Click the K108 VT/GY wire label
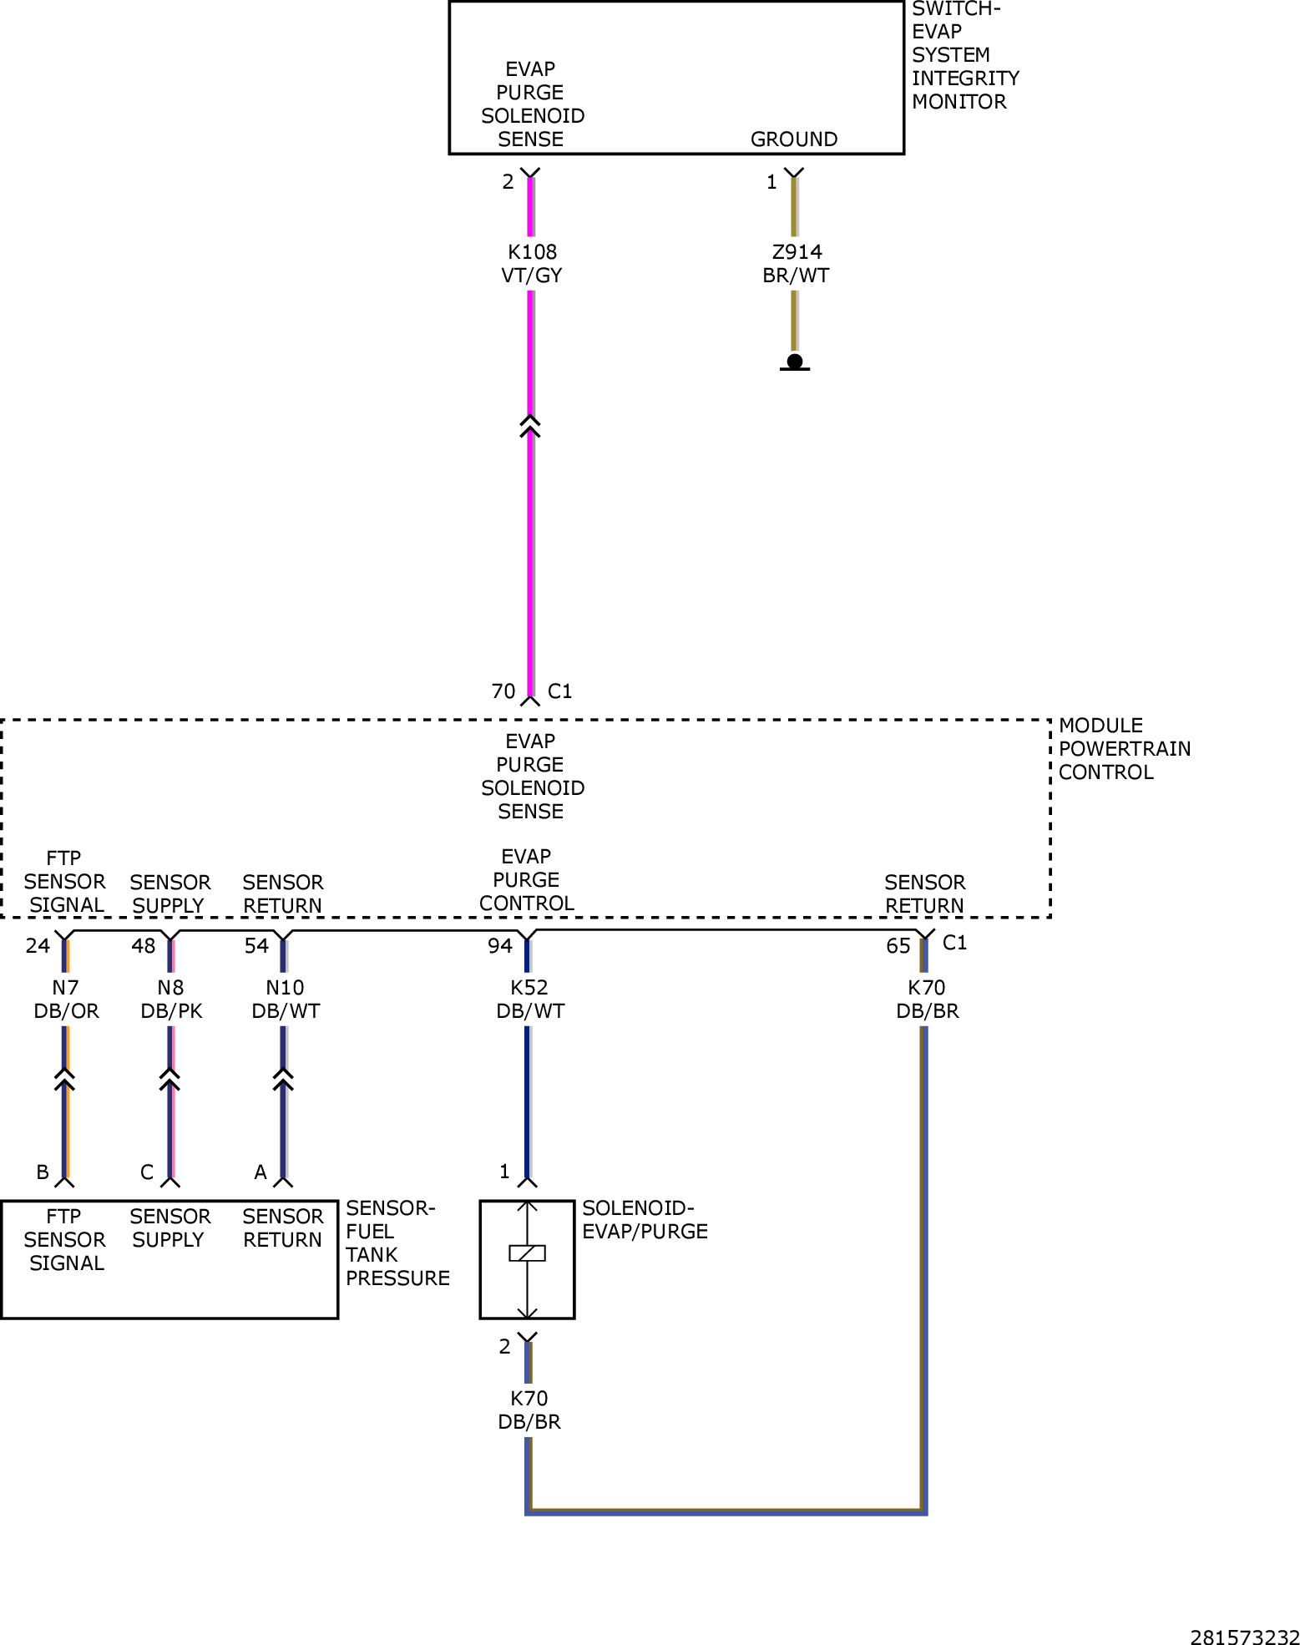click(x=532, y=263)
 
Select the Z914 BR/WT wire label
click(x=796, y=263)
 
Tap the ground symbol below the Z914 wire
click(x=795, y=362)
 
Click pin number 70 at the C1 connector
click(x=503, y=691)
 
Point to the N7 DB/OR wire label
click(x=66, y=999)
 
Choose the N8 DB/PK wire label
click(x=171, y=999)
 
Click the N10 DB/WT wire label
click(x=286, y=999)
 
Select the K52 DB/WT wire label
click(x=530, y=999)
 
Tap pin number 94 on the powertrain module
click(x=500, y=945)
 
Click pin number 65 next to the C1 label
click(x=898, y=946)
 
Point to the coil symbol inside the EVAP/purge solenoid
click(x=527, y=1253)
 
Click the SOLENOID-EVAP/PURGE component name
click(x=645, y=1220)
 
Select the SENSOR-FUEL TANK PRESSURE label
click(x=397, y=1243)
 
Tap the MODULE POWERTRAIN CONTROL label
click(x=1125, y=749)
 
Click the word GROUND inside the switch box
click(x=794, y=139)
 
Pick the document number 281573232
click(x=1245, y=1637)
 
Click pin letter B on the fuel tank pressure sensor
click(x=43, y=1172)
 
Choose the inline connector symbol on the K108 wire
click(x=530, y=425)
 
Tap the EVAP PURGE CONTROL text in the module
click(x=527, y=880)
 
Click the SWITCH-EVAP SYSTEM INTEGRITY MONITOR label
click(x=965, y=56)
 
